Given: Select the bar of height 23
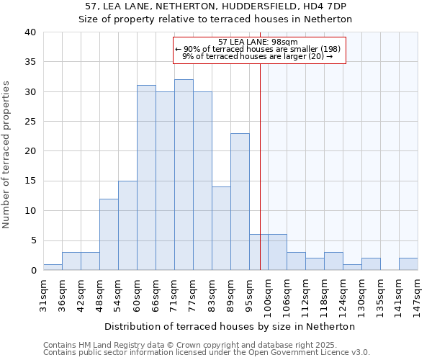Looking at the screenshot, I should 240,202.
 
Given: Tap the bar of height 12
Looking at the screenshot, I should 109,235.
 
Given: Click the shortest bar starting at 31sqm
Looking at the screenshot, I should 53,267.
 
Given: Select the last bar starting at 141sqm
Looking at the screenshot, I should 408,264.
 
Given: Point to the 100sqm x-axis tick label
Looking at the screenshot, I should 268,294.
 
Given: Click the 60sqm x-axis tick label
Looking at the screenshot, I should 137,294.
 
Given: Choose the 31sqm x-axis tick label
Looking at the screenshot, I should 43,293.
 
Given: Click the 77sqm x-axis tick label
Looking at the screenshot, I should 193,293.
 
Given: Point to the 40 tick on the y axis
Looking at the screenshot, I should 30,32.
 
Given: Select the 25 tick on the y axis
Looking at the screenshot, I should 30,122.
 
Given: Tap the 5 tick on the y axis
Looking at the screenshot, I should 32,240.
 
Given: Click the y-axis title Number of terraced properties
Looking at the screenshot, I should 7,154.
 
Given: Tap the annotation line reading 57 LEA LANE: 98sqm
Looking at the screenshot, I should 259,42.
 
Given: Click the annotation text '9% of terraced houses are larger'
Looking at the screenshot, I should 257,56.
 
